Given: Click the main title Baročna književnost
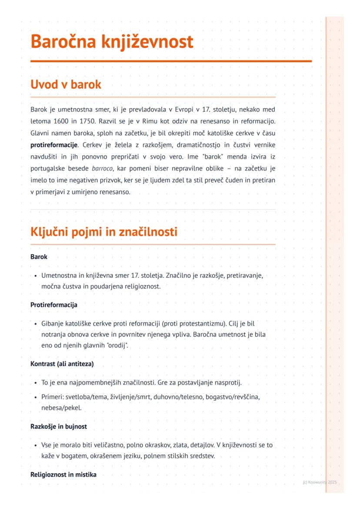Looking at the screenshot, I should pyautogui.click(x=112, y=42).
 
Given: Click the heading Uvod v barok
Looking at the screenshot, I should pyautogui.click(x=66, y=84).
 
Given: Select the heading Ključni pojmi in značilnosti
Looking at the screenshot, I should pyautogui.click(x=104, y=232).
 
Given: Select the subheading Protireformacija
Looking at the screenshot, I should pyautogui.click(x=54, y=305).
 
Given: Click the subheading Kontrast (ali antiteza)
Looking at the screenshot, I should pyautogui.click(x=62, y=363).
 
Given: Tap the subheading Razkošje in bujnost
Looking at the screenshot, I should pyautogui.click(x=59, y=426).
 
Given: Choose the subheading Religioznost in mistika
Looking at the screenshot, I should pyautogui.click(x=63, y=474).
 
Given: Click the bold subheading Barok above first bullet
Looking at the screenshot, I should pyautogui.click(x=39, y=257).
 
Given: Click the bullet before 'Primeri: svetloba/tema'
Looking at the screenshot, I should pyautogui.click(x=35, y=397).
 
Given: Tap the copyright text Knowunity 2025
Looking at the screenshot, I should pyautogui.click(x=320, y=482).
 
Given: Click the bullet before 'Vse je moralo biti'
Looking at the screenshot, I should pyautogui.click(x=35, y=446).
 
